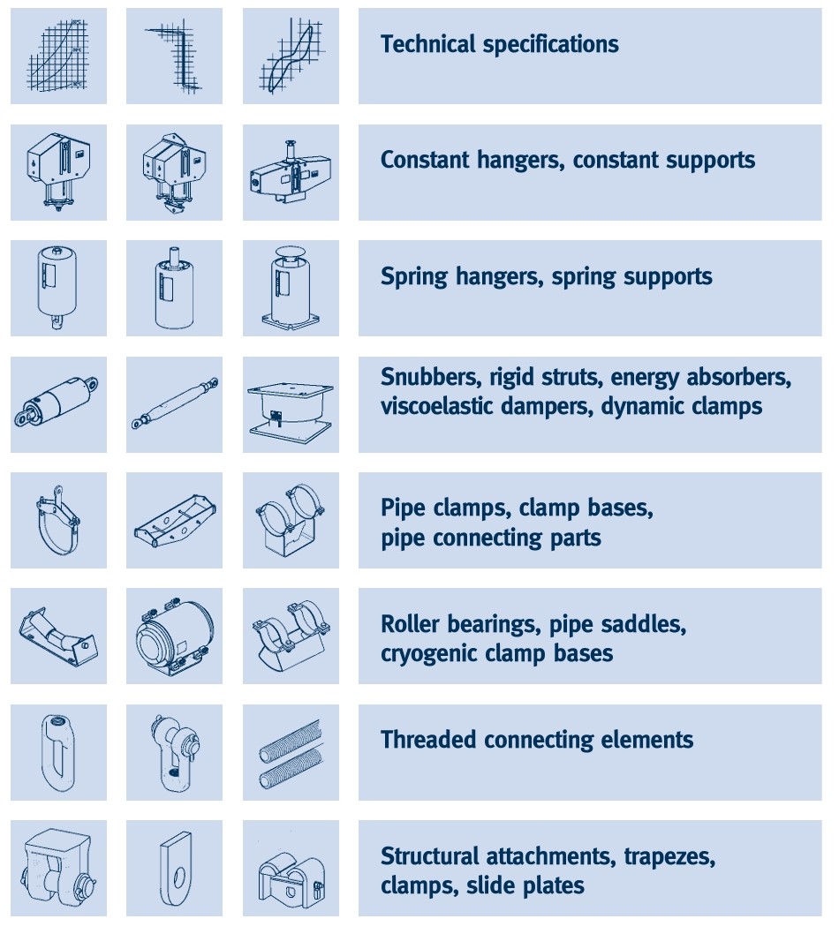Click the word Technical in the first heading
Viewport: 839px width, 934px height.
point(427,44)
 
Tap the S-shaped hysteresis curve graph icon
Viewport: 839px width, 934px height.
point(291,56)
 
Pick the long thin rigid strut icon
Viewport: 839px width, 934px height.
point(175,403)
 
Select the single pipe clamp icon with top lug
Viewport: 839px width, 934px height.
point(57,519)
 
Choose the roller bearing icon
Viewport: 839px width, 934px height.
point(57,636)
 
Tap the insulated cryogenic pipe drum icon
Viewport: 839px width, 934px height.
point(174,636)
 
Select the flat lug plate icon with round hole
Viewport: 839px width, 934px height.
point(177,869)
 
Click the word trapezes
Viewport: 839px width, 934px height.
point(669,857)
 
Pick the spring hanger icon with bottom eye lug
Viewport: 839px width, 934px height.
point(57,288)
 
